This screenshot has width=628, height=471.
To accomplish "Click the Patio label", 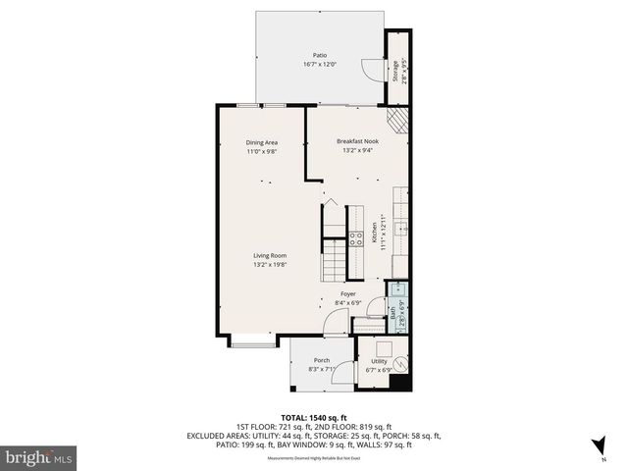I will click(319, 55).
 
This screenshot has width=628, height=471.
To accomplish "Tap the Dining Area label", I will click(261, 142).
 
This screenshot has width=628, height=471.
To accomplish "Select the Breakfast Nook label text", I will click(357, 141).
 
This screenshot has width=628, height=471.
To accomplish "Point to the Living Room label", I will click(269, 255).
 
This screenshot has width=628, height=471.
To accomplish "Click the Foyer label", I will click(347, 293).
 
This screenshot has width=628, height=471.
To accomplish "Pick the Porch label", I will click(322, 360).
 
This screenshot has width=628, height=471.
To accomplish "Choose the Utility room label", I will click(378, 360).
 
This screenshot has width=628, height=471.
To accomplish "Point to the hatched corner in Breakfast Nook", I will click(394, 120).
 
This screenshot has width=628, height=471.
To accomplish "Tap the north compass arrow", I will click(599, 445).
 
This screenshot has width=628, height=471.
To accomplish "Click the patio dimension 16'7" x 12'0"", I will click(319, 65).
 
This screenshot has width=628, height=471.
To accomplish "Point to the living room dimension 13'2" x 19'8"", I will click(269, 265).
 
